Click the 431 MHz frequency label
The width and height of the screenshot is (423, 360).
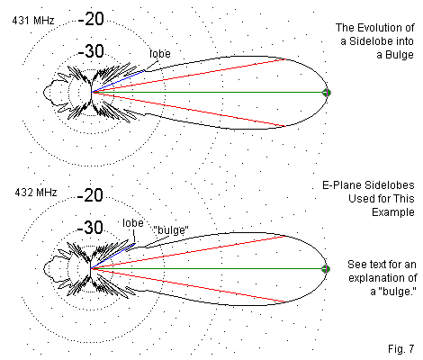coord(33,21)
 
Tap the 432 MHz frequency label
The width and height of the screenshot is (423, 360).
coord(36,193)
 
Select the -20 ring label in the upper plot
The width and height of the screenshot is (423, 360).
coord(91,19)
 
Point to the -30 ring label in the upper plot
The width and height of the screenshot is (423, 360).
coord(91,51)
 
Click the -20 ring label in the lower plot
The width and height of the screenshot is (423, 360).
coord(90,195)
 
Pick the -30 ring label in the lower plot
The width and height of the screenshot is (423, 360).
coord(90,228)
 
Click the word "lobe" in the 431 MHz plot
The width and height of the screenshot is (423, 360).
coord(160,54)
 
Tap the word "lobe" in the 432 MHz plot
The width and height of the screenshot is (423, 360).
coord(133,223)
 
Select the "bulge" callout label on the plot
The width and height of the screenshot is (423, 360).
coord(171,230)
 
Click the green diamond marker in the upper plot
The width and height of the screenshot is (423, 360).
coord(327,93)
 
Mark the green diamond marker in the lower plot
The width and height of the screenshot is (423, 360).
coord(326,269)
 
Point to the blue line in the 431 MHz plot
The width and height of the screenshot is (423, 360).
coord(118,82)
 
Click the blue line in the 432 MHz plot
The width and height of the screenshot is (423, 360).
coord(112,256)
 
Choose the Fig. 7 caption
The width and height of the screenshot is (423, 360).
coord(400,348)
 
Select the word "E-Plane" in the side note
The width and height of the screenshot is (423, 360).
coord(340,185)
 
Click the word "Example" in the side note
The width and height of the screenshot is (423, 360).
coord(393,212)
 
